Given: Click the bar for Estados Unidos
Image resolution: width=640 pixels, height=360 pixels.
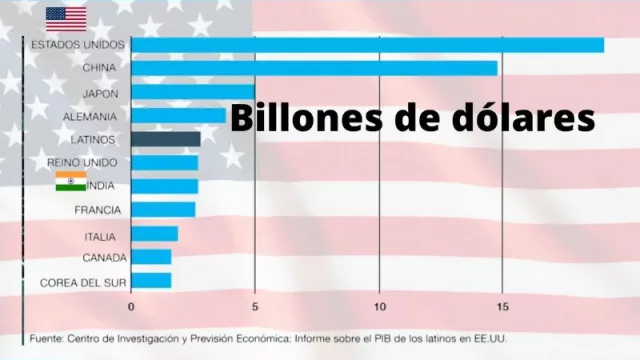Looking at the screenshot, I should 367,45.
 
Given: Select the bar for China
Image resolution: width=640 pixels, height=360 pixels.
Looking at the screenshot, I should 314,68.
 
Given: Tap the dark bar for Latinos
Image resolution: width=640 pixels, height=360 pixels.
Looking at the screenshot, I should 166,139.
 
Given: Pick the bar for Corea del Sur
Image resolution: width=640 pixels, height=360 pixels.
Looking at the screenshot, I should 151,281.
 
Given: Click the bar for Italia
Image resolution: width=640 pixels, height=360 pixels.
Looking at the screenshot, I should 154,234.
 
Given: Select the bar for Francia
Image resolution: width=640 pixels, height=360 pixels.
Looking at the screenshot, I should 163,210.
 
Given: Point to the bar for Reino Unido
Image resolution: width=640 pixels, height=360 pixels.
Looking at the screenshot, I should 164,162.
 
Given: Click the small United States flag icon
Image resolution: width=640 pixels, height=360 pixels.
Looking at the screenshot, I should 66,19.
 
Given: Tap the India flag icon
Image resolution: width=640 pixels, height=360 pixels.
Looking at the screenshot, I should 70,182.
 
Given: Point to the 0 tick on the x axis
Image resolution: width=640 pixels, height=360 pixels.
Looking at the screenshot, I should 131,306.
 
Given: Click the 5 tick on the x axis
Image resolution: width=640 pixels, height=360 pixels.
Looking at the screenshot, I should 255,306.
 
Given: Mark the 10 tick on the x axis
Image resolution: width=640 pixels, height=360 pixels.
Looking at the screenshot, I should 379,306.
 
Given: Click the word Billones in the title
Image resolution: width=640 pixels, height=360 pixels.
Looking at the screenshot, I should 292,117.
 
